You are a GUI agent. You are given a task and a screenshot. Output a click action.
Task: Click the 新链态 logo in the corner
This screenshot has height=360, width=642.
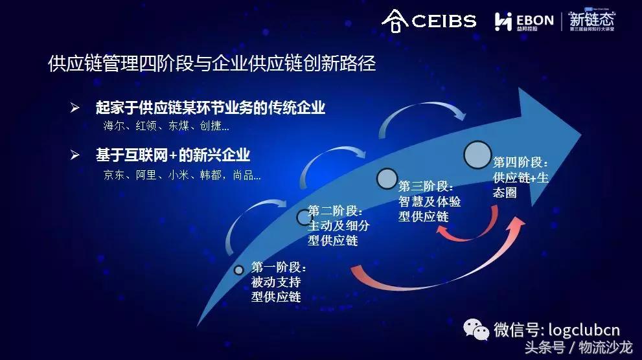(592, 19)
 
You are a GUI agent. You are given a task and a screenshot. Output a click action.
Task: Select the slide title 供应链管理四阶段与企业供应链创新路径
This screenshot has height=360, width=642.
(212, 63)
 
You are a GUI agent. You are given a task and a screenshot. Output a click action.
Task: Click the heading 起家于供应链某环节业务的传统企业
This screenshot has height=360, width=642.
(210, 108)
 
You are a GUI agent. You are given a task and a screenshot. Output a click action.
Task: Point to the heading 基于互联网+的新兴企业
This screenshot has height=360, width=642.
(173, 155)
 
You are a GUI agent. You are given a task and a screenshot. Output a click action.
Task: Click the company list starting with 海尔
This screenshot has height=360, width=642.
(166, 126)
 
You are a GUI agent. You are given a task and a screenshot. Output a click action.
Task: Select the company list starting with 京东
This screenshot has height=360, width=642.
(182, 175)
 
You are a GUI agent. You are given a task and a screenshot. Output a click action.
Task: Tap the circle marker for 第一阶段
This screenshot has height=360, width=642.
(238, 269)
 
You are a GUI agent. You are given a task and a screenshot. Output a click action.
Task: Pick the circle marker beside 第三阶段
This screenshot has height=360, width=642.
(387, 177)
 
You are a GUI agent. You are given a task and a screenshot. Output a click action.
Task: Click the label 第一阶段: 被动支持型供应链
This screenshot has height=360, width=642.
(279, 282)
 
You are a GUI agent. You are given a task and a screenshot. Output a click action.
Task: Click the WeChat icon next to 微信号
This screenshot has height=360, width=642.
(476, 330)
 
